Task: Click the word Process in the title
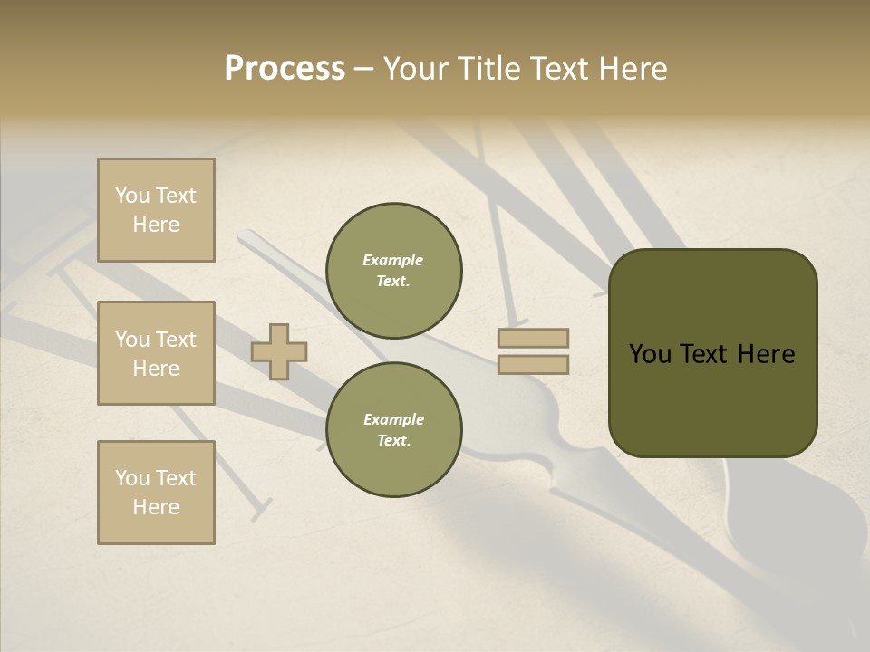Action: tap(285, 69)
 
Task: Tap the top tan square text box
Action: tap(156, 210)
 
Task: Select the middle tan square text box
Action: tap(156, 353)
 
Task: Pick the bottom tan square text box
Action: tap(156, 493)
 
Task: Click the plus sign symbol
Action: tap(279, 351)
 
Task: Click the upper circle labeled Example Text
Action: tap(394, 271)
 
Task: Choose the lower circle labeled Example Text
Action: tap(394, 430)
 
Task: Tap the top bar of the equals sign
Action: tap(533, 338)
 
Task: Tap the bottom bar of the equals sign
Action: tap(533, 365)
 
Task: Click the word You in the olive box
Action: tap(650, 354)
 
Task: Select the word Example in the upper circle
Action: tap(393, 260)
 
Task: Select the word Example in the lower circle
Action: tap(393, 419)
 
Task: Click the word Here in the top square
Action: tap(156, 225)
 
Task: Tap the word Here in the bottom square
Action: tap(156, 507)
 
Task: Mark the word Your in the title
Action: tap(416, 69)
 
